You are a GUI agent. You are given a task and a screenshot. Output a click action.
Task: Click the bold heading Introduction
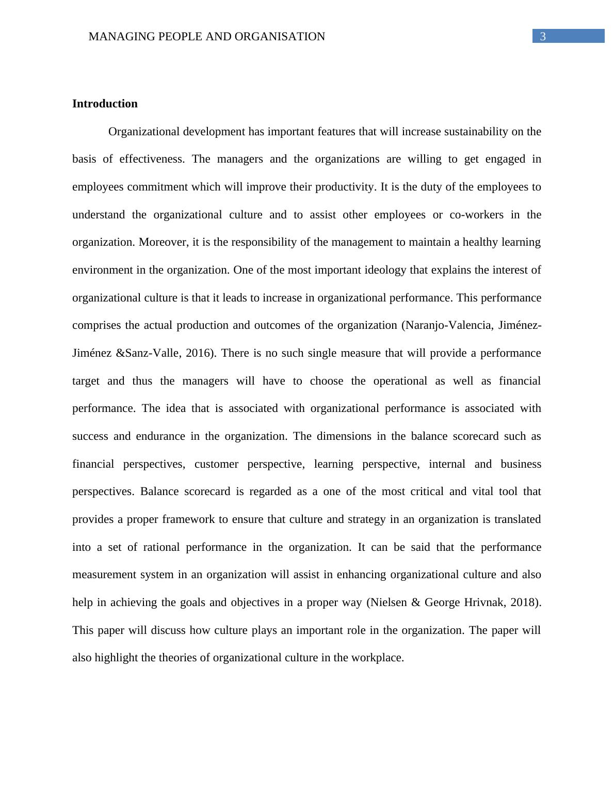105,104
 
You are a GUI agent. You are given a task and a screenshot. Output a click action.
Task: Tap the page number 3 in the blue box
542,37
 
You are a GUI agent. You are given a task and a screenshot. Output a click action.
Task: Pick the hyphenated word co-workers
476,215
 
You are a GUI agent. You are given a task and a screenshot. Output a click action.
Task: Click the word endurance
160,436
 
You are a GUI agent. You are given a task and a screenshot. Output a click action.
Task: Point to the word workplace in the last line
378,658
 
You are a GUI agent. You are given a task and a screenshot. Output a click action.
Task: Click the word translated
518,519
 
